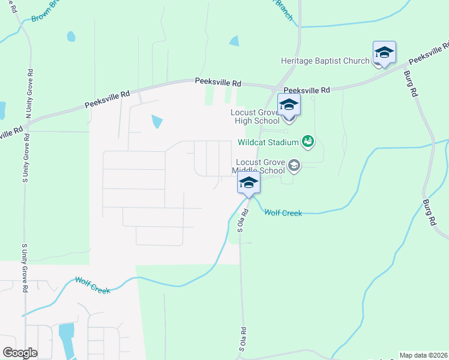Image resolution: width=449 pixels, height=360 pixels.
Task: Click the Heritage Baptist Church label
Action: tap(325, 61)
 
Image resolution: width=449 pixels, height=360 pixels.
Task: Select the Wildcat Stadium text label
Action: tap(268, 142)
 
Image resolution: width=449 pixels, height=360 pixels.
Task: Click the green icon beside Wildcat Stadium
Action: tap(308, 141)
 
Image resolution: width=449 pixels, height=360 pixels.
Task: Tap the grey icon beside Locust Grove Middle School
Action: tap(294, 164)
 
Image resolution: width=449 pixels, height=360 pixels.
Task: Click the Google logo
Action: tap(20, 353)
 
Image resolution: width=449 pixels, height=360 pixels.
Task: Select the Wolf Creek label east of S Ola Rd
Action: tap(283, 212)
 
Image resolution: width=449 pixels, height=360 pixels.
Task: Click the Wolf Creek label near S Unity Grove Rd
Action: tap(92, 285)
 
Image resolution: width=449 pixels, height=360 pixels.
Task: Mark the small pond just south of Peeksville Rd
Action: tap(157, 121)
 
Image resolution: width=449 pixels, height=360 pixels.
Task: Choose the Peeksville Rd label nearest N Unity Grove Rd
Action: tap(107, 99)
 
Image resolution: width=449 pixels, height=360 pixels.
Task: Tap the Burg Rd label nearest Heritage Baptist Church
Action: tap(411, 85)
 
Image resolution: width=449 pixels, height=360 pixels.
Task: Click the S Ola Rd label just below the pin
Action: tap(243, 221)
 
